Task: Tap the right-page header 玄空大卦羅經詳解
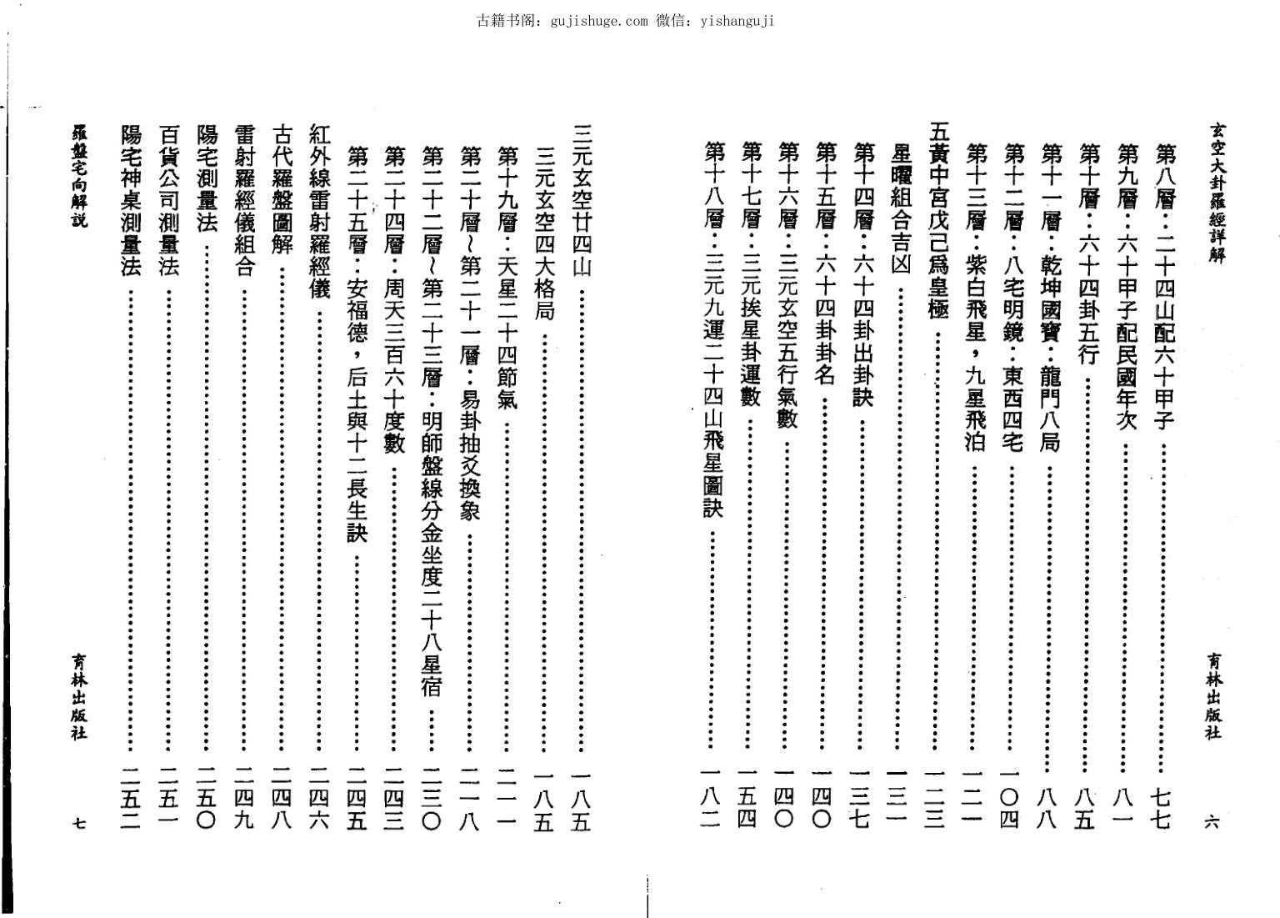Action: [1217, 193]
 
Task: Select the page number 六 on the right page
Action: [1212, 821]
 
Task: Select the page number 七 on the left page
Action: [79, 823]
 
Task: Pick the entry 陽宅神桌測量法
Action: [130, 200]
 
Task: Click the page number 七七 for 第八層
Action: [1159, 810]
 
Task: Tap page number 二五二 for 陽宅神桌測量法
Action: [130, 799]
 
